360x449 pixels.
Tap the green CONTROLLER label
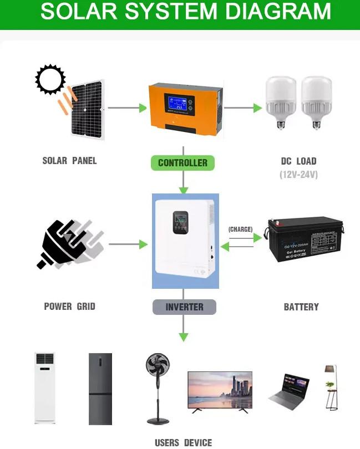(182, 163)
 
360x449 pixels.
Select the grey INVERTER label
(184, 307)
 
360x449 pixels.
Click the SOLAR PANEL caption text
(69, 161)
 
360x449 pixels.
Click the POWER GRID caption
(69, 306)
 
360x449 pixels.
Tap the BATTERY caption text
(301, 307)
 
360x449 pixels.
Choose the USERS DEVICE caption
(183, 442)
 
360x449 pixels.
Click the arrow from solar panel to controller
(127, 108)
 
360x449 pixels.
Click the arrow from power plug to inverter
(128, 244)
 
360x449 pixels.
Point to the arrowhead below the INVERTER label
(184, 336)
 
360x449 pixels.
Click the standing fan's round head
(158, 366)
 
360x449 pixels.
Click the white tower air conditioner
(45, 387)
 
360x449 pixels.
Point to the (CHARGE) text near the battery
(240, 229)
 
